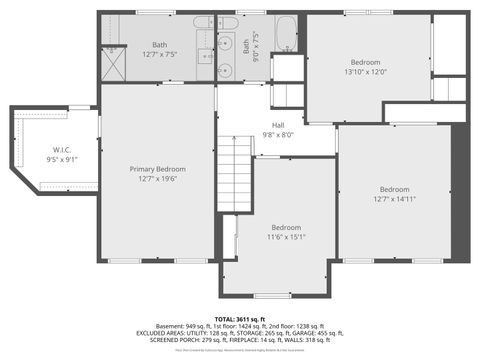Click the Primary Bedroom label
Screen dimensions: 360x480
click(x=157, y=169)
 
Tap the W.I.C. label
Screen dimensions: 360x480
click(x=55, y=150)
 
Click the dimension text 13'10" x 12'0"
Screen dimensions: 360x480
click(x=365, y=71)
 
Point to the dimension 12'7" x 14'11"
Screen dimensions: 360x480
click(x=394, y=198)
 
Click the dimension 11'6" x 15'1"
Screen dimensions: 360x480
click(x=285, y=236)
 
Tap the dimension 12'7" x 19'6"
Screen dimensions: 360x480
click(x=157, y=179)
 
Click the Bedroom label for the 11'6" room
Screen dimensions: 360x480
click(x=285, y=226)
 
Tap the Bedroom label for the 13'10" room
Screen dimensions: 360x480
click(x=365, y=61)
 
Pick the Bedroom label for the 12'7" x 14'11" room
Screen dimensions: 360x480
click(x=394, y=189)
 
